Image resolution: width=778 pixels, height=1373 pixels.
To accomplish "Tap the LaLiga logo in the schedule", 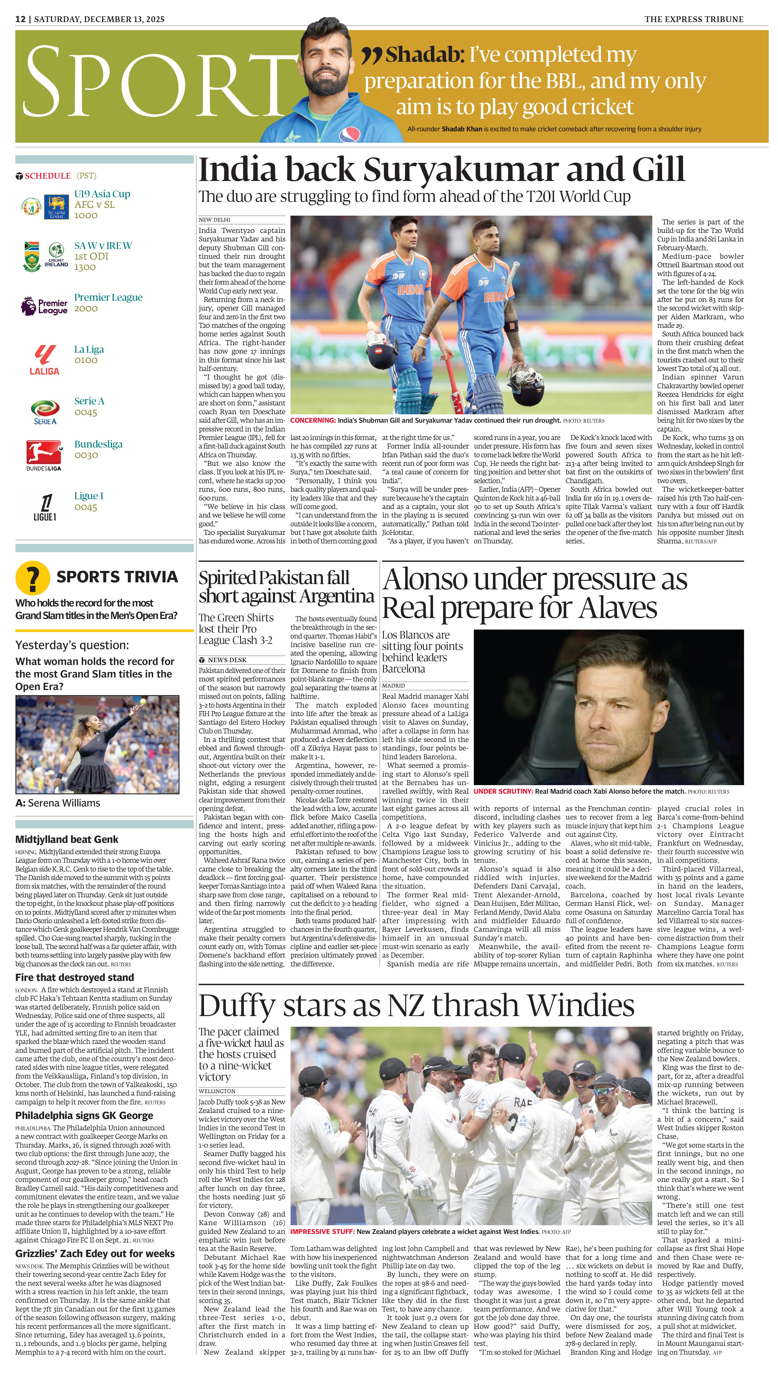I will (44, 360).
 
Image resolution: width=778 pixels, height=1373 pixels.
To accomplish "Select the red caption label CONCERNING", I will (313, 421).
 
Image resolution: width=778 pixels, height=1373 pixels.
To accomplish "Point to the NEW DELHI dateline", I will (214, 220).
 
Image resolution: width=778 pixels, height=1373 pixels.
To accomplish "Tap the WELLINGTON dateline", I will (217, 1091).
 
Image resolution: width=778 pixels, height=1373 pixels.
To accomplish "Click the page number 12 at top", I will (20, 19).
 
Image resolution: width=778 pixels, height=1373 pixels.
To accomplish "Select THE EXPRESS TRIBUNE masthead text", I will (693, 19).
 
